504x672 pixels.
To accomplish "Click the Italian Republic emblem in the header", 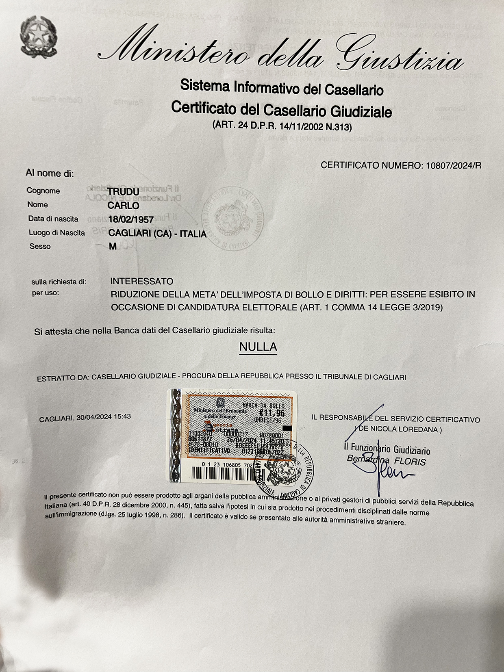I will click(x=38, y=37).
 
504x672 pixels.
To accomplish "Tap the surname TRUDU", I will click(x=124, y=191).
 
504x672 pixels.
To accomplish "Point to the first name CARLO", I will click(x=124, y=205).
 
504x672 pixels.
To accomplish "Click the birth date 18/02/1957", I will click(x=131, y=220).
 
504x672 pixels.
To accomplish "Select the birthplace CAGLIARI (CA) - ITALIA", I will click(x=158, y=234).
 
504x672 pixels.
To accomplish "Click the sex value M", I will click(x=113, y=247).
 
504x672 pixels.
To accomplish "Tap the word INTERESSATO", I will click(x=142, y=281).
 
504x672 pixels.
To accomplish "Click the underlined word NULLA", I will click(x=258, y=347).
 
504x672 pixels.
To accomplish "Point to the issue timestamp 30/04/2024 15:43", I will click(x=103, y=417).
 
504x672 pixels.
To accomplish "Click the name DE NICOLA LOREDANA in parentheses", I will click(x=398, y=429).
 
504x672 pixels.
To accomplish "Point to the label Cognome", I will click(x=43, y=191).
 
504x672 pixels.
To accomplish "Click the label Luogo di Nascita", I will click(x=57, y=233).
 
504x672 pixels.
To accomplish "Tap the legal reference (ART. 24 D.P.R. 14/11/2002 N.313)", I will click(x=282, y=126).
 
